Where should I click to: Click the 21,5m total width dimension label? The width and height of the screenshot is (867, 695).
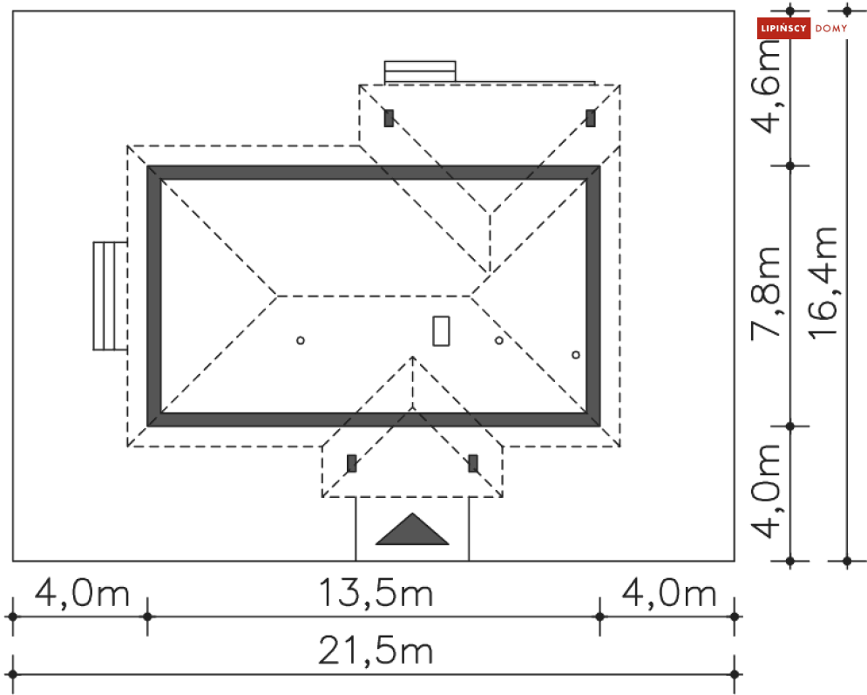pyautogui.click(x=376, y=651)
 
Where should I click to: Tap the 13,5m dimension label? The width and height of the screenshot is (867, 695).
pyautogui.click(x=376, y=592)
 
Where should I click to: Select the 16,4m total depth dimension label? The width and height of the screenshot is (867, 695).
pyautogui.click(x=824, y=283)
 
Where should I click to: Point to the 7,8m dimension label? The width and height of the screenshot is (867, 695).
pyautogui.click(x=767, y=293)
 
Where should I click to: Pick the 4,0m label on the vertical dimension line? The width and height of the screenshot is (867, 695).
pyautogui.click(x=767, y=491)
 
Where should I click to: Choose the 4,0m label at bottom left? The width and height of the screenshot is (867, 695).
pyautogui.click(x=82, y=593)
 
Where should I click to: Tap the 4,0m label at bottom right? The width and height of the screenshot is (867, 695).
pyautogui.click(x=669, y=593)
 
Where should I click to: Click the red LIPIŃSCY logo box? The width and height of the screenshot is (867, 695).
pyautogui.click(x=783, y=28)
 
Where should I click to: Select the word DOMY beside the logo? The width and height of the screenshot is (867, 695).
pyautogui.click(x=831, y=28)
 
